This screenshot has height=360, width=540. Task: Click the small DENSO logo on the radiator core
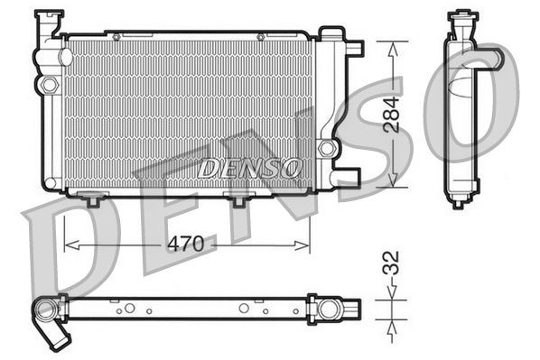tap(249, 167)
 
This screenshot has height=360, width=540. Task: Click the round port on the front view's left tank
tap(47, 85)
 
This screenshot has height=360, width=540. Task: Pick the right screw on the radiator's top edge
tap(260, 36)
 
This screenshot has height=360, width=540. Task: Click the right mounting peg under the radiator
tap(239, 199)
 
